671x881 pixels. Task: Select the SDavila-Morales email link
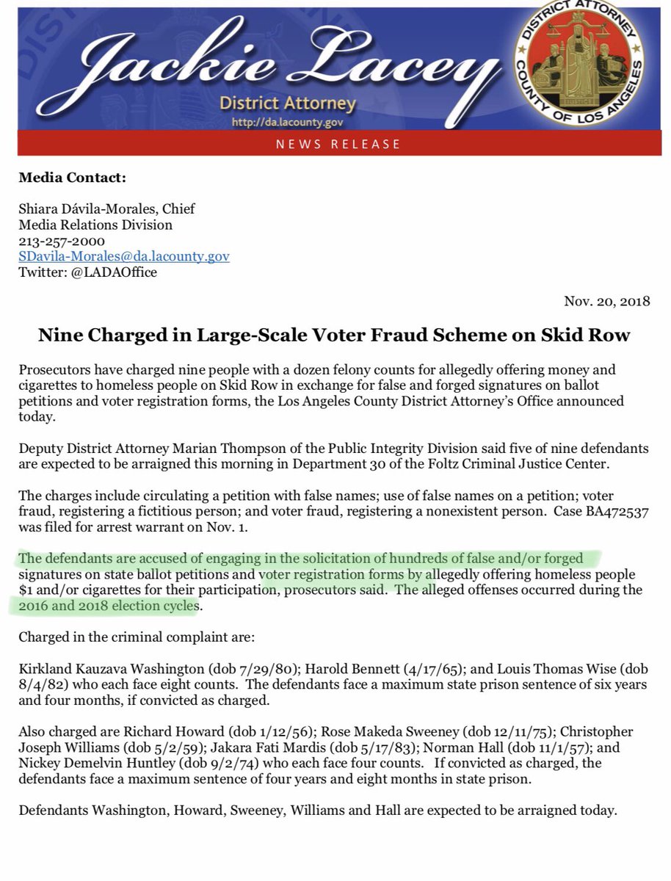[x=124, y=256]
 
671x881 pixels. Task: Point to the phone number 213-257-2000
[x=62, y=241]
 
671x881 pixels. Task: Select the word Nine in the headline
[x=57, y=336]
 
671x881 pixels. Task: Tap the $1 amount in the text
[x=26, y=591]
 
